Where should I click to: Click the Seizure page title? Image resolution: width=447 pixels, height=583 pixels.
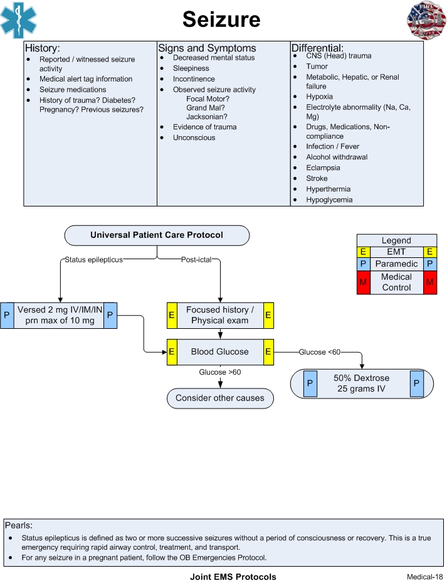point(221,19)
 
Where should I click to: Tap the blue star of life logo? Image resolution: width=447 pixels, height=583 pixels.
point(18,20)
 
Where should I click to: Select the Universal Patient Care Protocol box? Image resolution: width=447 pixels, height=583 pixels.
point(157,235)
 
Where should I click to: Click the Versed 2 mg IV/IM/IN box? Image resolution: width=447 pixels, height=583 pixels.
point(60,315)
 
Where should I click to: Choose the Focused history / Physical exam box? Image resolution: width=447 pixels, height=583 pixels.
point(219,315)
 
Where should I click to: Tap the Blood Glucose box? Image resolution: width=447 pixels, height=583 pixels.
point(219,352)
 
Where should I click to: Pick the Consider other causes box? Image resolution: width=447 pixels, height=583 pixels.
point(219,398)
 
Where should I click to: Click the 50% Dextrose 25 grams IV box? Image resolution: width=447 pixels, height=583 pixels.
point(362,383)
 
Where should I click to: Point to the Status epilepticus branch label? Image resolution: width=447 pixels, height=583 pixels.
point(93,259)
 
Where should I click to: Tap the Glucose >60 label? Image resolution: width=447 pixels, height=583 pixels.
point(220,372)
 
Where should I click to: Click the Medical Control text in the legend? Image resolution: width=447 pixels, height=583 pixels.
point(396,282)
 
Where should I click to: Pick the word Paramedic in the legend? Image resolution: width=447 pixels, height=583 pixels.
point(396,264)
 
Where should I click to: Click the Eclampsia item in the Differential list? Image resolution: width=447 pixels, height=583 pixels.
point(323,168)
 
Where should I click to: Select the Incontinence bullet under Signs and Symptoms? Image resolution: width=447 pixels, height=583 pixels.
point(194,79)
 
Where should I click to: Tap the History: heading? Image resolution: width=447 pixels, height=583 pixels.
point(43,48)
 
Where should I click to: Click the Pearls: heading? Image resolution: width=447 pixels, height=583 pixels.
point(18,525)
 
